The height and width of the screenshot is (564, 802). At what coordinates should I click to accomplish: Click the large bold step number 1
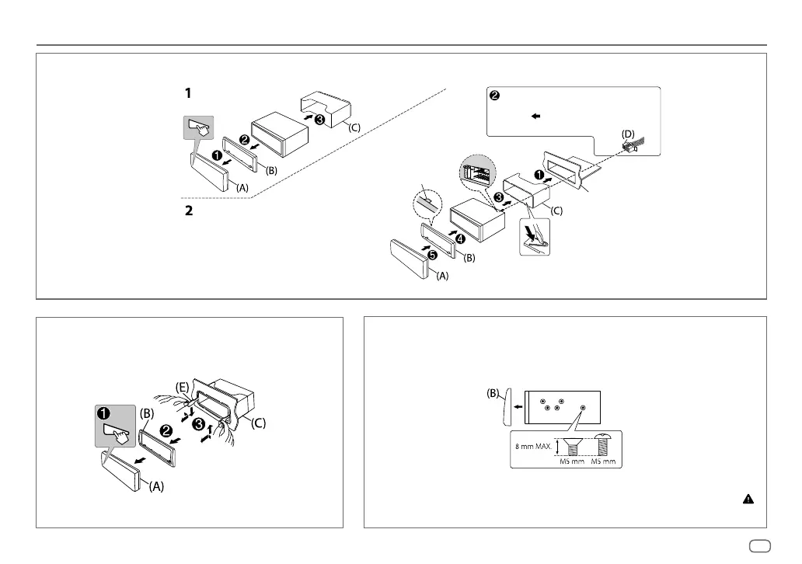pos(187,93)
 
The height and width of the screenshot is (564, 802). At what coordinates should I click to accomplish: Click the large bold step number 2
pos(187,211)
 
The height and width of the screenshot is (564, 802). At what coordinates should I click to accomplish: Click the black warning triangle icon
pos(748,500)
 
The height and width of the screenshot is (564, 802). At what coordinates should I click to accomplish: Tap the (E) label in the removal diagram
pos(182,385)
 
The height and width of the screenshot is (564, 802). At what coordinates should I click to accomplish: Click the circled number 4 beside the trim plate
pos(460,238)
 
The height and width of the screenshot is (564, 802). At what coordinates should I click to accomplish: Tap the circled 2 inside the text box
pos(493,97)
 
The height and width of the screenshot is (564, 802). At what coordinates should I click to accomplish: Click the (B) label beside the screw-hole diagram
pos(494,393)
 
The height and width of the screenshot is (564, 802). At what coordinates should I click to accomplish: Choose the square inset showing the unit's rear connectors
pos(476,173)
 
